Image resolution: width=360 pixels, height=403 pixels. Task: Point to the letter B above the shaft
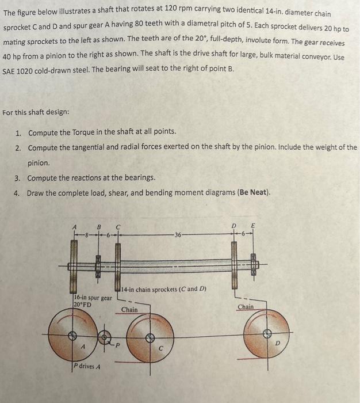pos(98,226)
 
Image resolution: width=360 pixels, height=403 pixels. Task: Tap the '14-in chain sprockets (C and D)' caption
pos(163,288)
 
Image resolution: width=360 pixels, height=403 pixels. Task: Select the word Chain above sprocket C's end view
pos(129,310)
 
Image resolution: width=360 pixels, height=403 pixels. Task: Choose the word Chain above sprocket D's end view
pos(246,307)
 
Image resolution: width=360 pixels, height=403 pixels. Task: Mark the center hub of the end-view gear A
pos(72,334)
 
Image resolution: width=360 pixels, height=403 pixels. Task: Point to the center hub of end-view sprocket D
pos(267,333)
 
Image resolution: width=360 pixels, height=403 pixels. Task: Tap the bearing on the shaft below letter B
pos(98,265)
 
